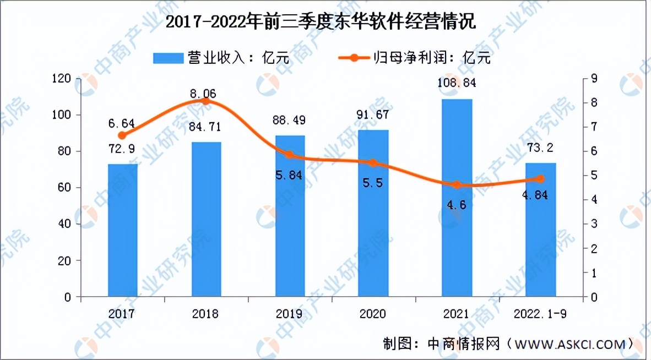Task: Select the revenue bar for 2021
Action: (457, 198)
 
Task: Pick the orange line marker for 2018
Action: (206, 101)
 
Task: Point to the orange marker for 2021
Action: (457, 185)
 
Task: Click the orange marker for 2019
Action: (290, 155)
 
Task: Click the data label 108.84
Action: (457, 84)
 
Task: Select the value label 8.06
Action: (203, 94)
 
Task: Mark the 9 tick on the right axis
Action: (594, 79)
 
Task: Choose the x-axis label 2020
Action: (373, 314)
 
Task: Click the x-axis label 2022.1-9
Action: (540, 314)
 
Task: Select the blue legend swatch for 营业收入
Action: (167, 57)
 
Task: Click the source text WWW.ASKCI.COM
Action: (569, 345)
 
